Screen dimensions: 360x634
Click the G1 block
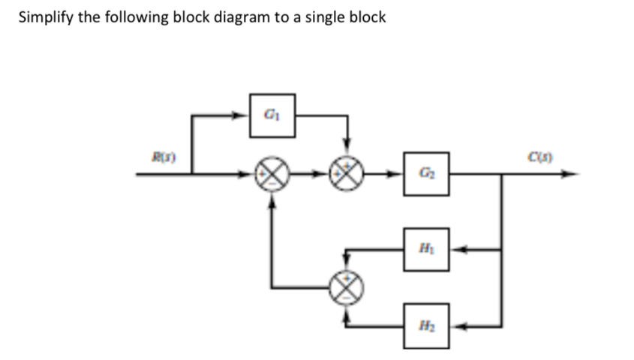272,115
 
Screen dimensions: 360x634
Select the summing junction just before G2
347,175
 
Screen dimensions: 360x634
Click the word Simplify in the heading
43,17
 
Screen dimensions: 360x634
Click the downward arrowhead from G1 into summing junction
347,153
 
